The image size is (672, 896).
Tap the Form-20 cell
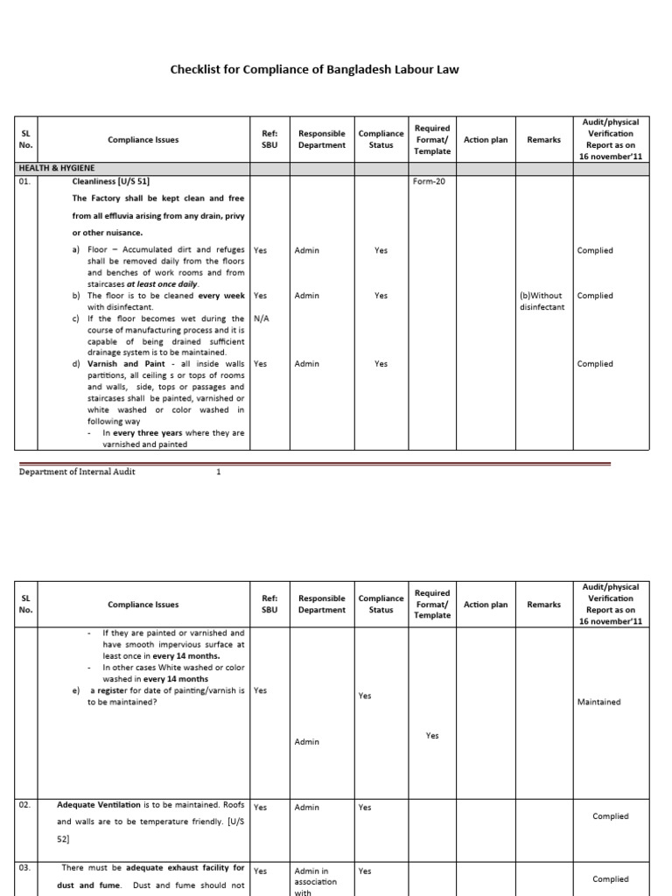(x=429, y=182)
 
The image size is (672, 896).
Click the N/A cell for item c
(x=261, y=318)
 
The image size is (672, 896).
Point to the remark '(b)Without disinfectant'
(x=542, y=301)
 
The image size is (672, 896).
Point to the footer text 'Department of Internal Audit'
(x=77, y=472)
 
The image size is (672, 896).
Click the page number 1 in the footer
(x=219, y=472)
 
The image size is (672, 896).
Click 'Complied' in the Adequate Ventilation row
(x=610, y=816)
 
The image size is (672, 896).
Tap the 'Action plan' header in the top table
(x=486, y=140)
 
